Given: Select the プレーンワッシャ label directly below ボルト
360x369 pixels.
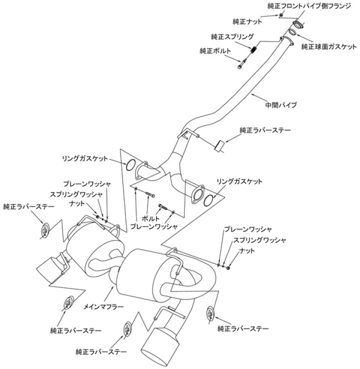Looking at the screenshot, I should click(153, 226).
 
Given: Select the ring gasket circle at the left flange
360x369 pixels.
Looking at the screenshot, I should click(128, 164).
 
